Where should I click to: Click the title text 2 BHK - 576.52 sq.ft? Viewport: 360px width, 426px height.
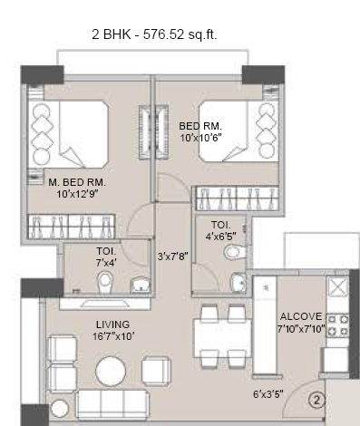point(154,34)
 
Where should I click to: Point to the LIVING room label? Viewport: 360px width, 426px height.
point(112,324)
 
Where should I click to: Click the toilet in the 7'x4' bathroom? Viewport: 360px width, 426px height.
point(104,285)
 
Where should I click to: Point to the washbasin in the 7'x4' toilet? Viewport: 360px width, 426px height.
point(141,286)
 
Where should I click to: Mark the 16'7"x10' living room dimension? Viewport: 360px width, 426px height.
point(112,336)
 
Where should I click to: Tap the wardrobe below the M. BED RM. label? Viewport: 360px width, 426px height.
point(71,224)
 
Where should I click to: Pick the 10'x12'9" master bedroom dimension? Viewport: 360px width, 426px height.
point(77,193)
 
